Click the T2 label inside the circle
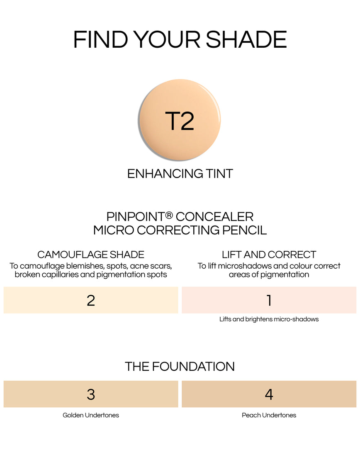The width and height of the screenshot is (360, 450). (x=180, y=121)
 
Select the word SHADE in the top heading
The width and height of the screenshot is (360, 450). (x=246, y=40)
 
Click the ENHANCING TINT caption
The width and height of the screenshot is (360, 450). (x=180, y=173)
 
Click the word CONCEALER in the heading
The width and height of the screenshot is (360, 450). (x=214, y=216)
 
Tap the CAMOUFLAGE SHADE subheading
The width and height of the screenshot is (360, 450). (x=91, y=254)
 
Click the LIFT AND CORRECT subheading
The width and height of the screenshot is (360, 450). (x=269, y=254)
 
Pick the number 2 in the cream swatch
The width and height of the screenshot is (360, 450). (x=91, y=300)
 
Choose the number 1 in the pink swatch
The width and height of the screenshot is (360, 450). (x=269, y=300)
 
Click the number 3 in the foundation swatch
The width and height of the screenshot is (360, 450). (x=91, y=394)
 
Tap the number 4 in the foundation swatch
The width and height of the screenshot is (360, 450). (x=269, y=394)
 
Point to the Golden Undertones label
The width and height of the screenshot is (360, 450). (x=91, y=415)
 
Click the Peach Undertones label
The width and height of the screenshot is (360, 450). (x=269, y=415)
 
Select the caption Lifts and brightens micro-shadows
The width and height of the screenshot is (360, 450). (x=269, y=319)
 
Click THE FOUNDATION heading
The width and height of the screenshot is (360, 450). (x=180, y=366)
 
